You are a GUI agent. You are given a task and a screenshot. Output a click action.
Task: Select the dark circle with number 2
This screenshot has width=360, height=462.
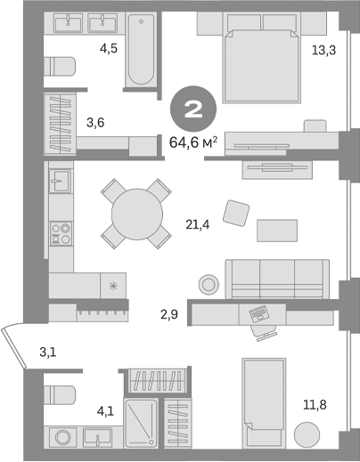point(191,109)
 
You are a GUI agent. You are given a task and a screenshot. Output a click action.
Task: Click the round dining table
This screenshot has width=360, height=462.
point(135,215)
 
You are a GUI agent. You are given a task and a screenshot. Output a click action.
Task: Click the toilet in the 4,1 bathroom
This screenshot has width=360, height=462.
point(61,394)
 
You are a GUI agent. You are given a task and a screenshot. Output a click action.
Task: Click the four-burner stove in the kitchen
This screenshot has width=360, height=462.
point(61,233)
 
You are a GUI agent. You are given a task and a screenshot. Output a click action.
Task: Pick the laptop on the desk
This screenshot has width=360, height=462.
point(260,313)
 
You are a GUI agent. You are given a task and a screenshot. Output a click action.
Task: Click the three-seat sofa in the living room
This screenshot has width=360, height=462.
point(277,278)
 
